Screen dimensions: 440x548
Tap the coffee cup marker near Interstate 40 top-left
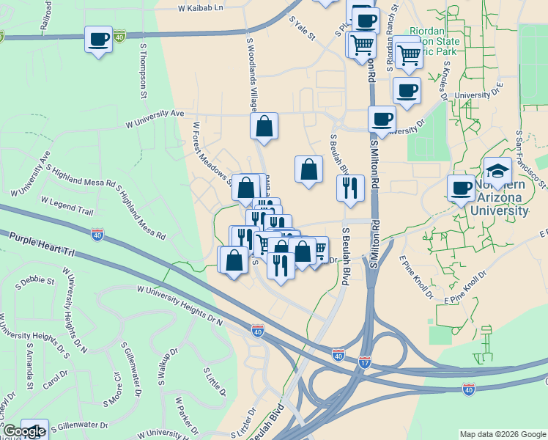coord(98,40)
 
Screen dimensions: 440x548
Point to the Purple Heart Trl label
coord(42,244)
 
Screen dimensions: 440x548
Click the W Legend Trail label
coord(67,205)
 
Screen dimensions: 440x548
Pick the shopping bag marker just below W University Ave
coord(264,125)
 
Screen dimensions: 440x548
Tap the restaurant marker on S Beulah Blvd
coord(350,187)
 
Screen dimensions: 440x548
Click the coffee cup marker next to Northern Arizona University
coord(462,188)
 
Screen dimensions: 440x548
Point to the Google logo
coord(23,432)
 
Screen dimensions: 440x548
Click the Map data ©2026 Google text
coord(503,433)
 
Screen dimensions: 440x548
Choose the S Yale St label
coord(302,29)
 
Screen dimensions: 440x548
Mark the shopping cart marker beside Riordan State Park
coord(408,54)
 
